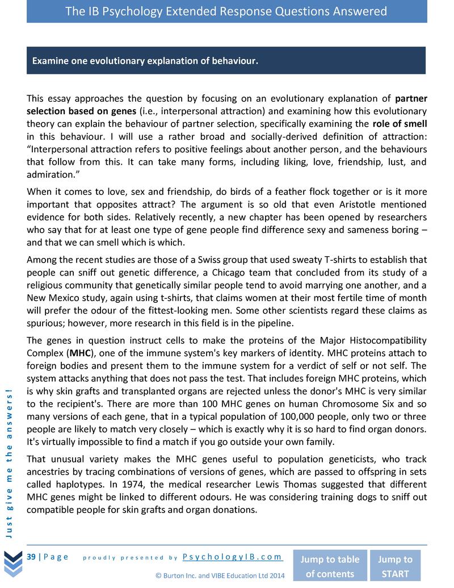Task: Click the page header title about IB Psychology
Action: pos(226,11)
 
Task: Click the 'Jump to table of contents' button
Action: pos(329,566)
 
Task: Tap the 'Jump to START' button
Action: pos(395,566)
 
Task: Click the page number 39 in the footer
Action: pos(32,556)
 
